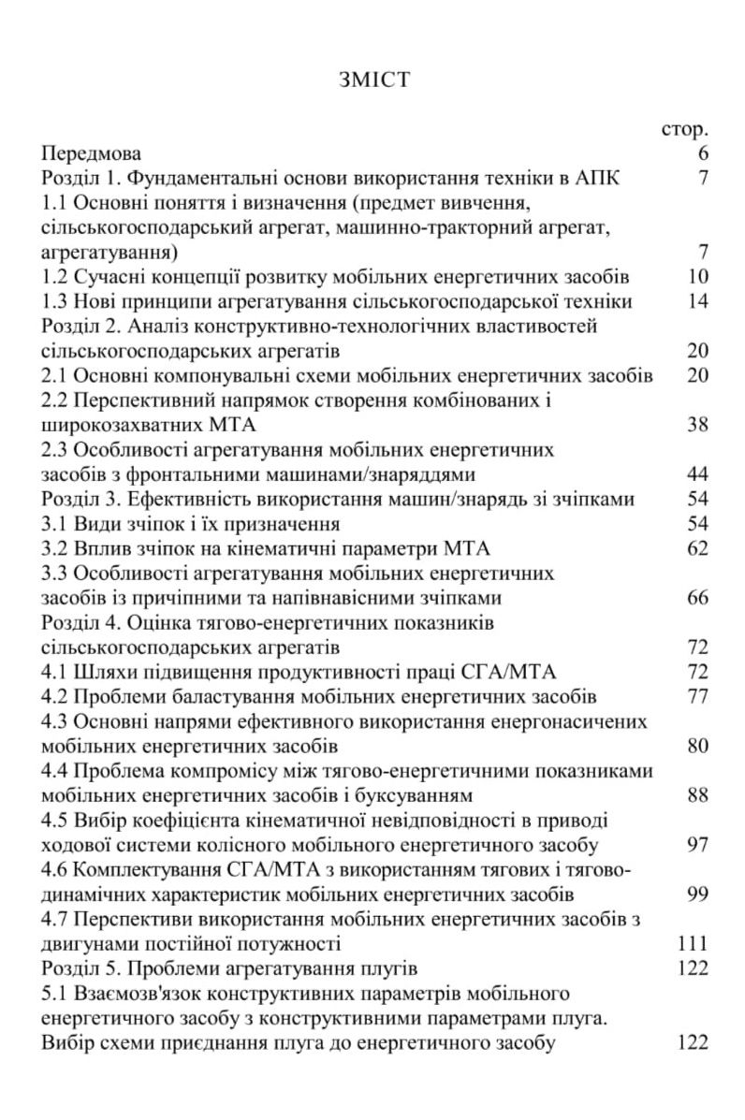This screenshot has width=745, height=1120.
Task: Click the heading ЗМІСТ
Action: [373, 80]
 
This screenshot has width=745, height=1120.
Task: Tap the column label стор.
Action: [683, 128]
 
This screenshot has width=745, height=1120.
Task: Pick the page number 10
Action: [695, 276]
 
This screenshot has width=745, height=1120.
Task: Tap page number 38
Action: [695, 424]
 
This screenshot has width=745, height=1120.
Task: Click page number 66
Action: [695, 597]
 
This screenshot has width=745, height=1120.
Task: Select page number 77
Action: [695, 695]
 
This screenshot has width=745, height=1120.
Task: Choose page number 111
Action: [690, 942]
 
